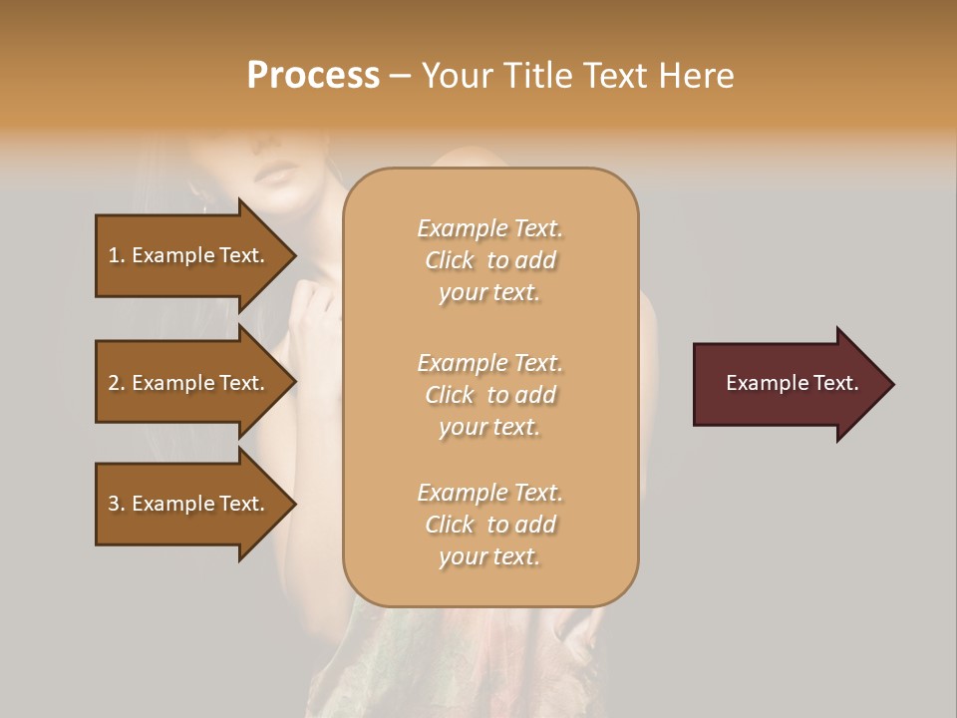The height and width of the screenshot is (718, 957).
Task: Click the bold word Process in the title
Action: (x=313, y=76)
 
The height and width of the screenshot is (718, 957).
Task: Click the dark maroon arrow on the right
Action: (x=788, y=384)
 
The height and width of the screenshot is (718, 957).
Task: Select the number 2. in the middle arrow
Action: (x=117, y=383)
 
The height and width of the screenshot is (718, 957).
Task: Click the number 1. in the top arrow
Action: (x=117, y=255)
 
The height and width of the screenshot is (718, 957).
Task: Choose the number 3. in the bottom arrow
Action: (x=117, y=504)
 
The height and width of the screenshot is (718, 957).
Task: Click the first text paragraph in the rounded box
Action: (x=489, y=260)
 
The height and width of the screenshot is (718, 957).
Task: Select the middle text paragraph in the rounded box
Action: (x=489, y=395)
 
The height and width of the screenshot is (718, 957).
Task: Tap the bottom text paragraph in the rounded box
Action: (x=489, y=525)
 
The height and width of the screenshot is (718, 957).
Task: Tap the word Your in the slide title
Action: (x=458, y=76)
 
